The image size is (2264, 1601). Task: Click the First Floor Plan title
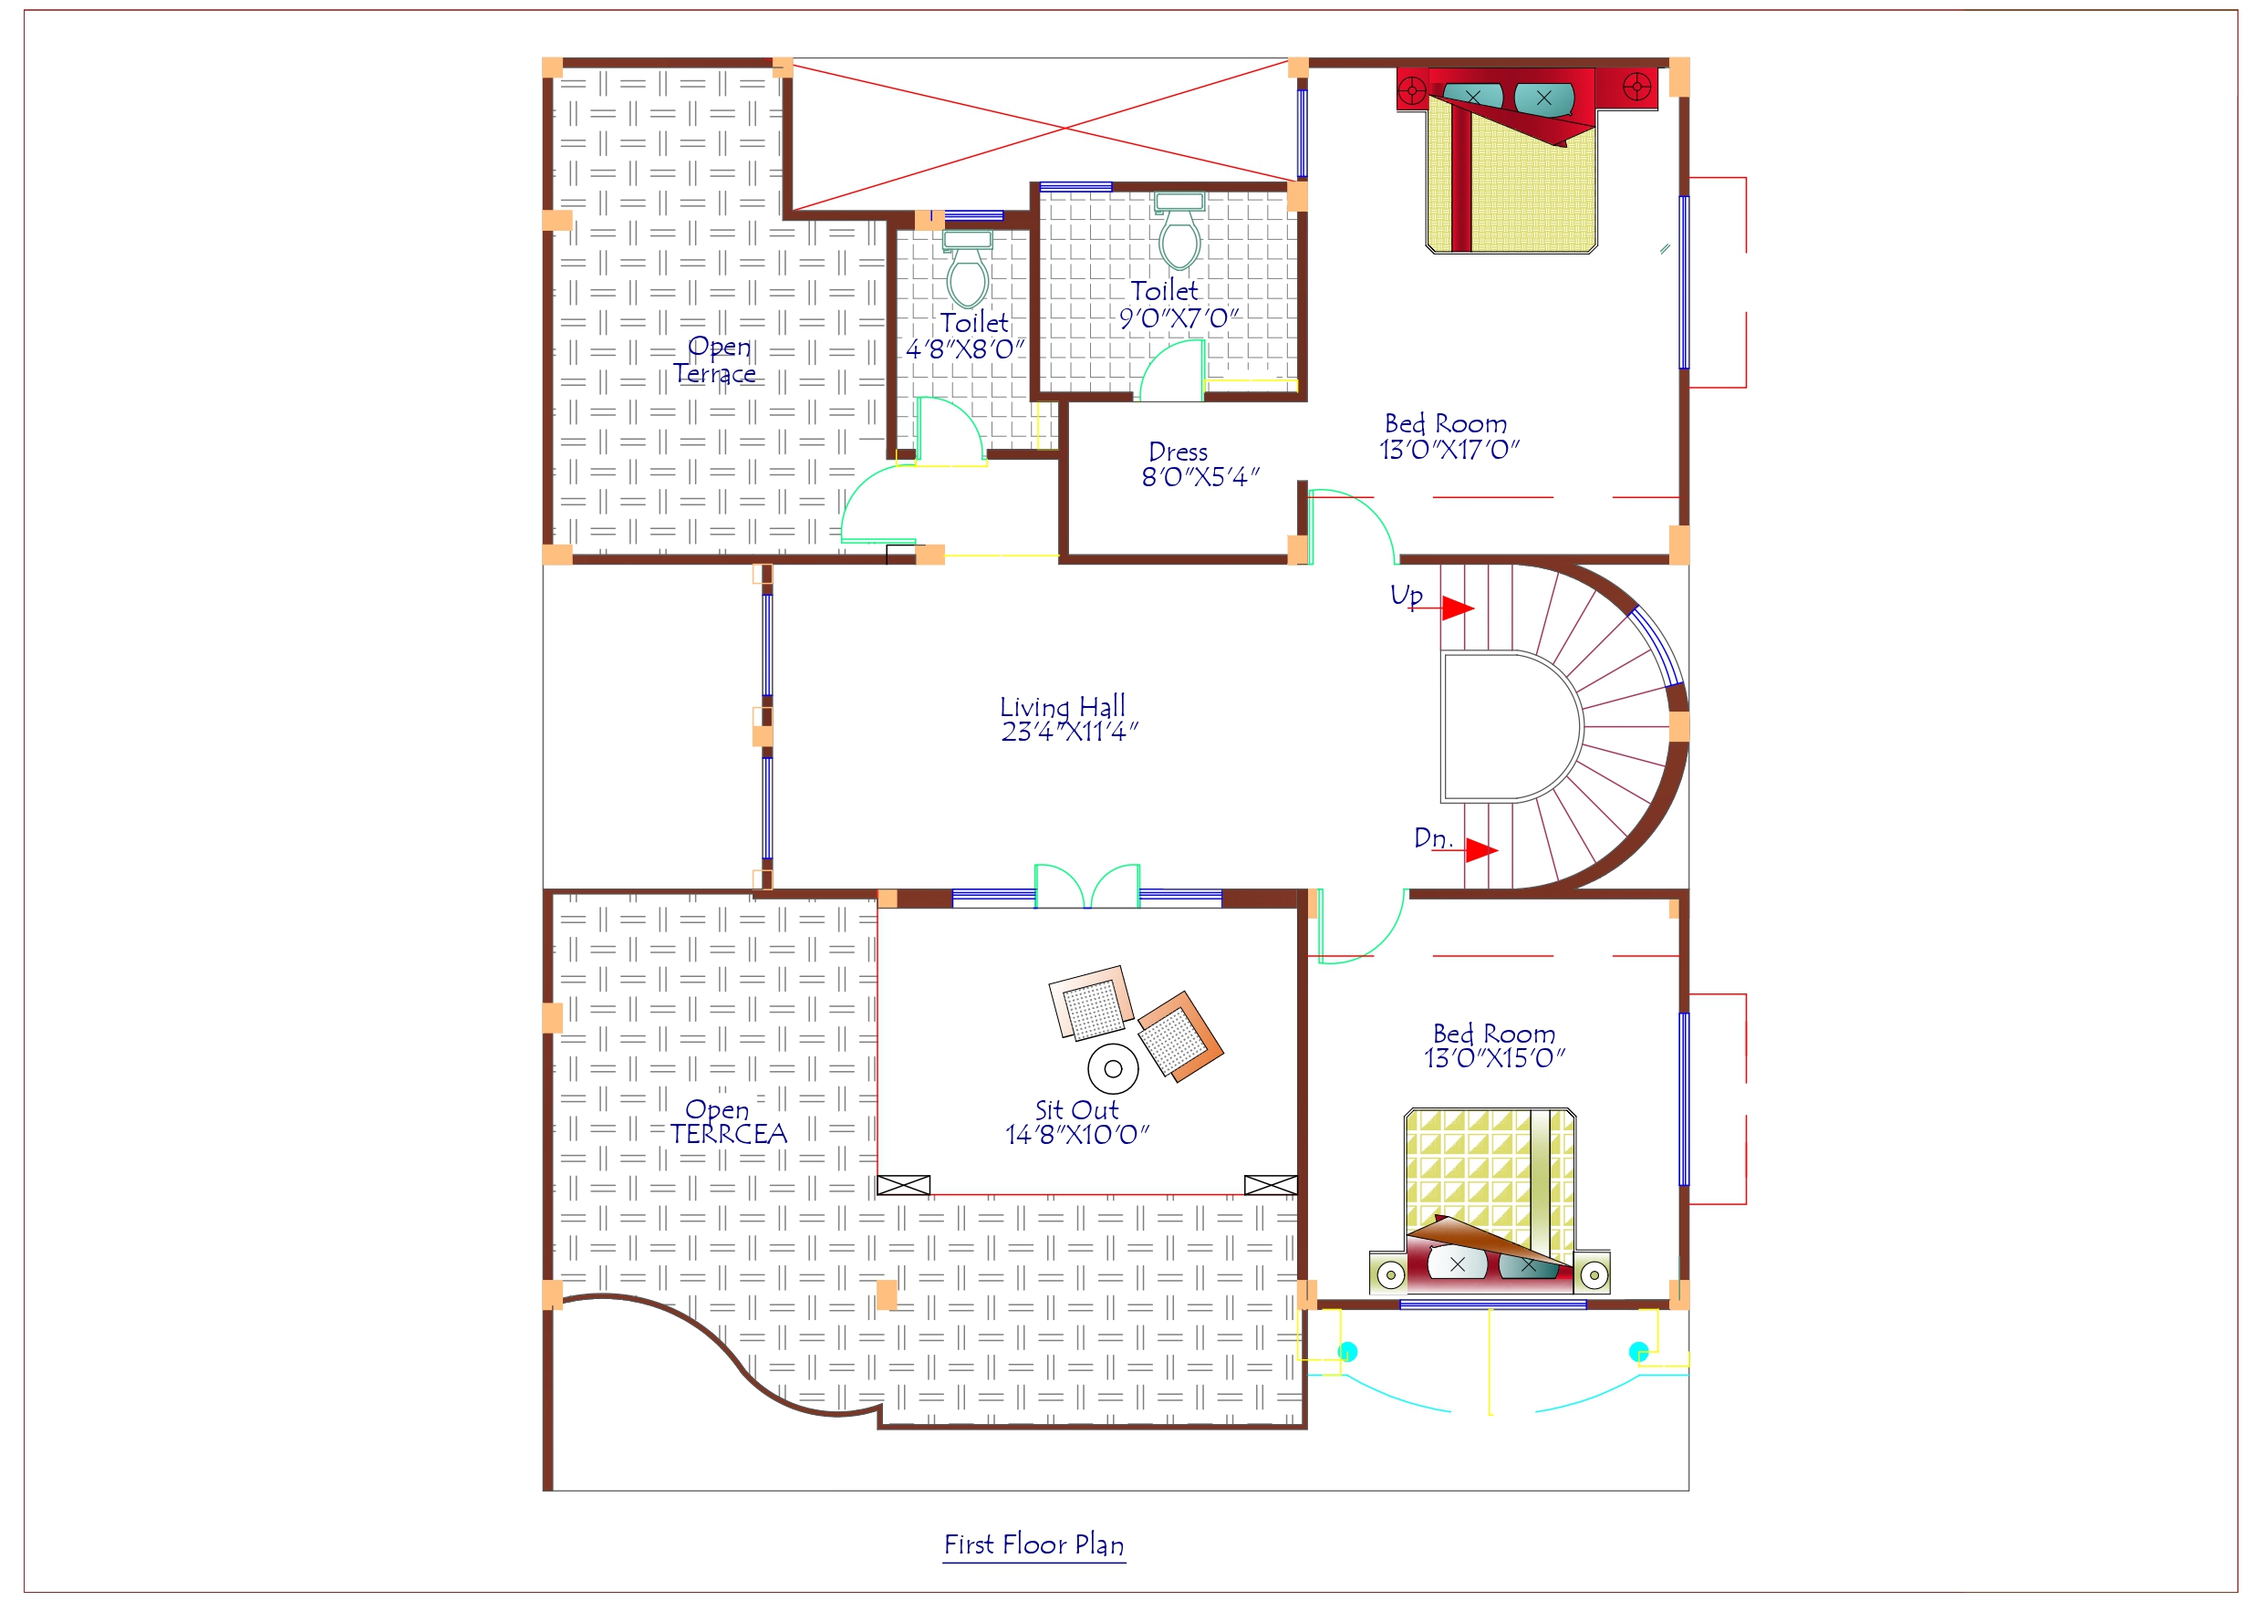[1033, 1544]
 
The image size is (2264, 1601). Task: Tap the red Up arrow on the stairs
[1458, 608]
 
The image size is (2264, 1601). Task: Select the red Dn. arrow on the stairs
[1480, 849]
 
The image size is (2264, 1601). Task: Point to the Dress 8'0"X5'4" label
[1198, 464]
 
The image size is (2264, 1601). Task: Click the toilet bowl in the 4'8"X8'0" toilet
[967, 277]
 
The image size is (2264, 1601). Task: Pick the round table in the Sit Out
[1113, 1068]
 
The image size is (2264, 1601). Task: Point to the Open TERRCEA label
[728, 1121]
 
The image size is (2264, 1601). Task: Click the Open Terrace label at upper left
[717, 360]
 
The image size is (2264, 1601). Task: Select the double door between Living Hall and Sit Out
[1086, 886]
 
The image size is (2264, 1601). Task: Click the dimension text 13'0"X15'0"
[1494, 1058]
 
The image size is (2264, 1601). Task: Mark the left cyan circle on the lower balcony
[1347, 1351]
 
